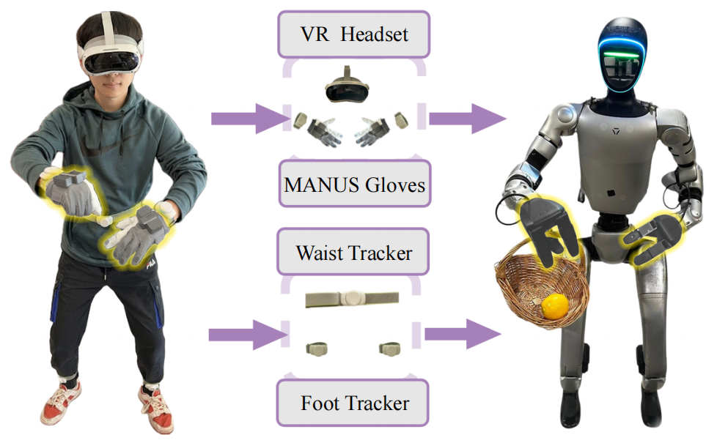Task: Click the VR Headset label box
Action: point(353,34)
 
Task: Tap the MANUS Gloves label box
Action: point(355,184)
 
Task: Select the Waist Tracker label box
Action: point(353,252)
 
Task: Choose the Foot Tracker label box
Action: point(353,403)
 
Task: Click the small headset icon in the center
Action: point(347,86)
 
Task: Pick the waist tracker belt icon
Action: point(352,299)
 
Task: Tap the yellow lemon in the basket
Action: point(555,307)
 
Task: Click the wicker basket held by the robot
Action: point(540,288)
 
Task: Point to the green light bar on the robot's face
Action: point(620,56)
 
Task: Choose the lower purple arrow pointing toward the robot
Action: point(463,335)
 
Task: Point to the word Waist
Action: point(319,253)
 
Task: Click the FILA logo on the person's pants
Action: point(151,264)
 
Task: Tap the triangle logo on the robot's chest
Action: point(616,132)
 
